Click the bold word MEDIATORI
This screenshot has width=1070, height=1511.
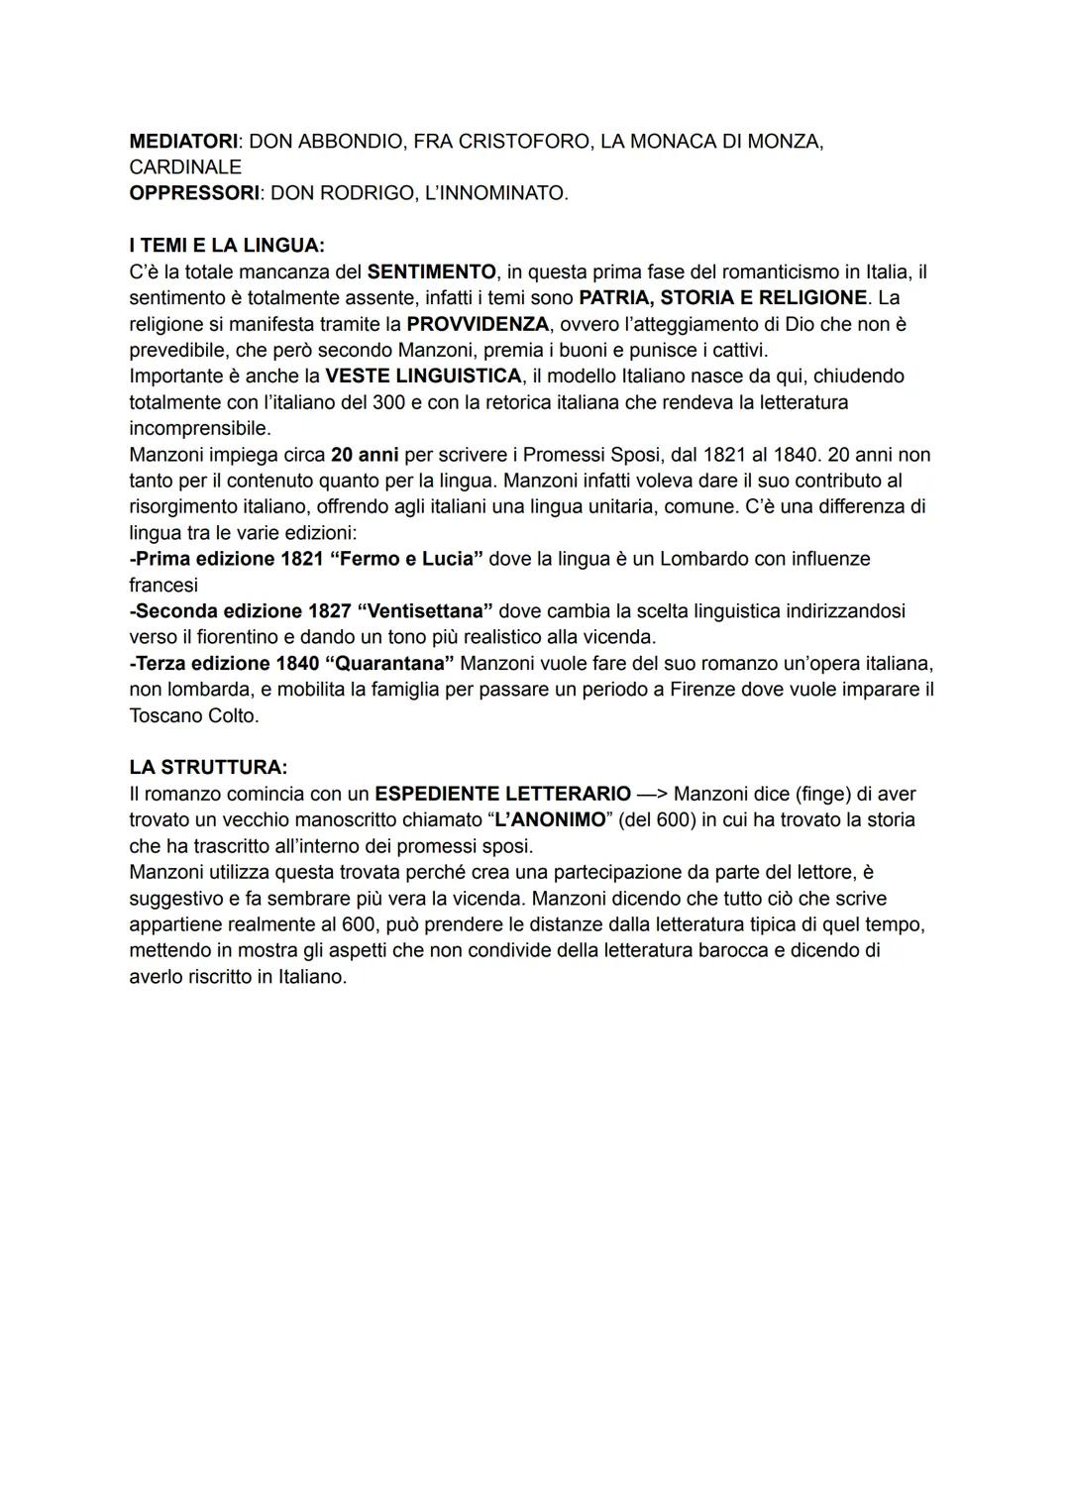(183, 142)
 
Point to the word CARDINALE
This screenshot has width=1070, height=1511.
(185, 167)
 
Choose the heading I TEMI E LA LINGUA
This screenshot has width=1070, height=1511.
(227, 246)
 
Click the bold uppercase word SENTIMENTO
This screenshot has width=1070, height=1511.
(431, 271)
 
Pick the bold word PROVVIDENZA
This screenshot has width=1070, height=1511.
(478, 324)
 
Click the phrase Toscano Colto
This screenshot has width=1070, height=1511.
(193, 715)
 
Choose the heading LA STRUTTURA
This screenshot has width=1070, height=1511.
(208, 768)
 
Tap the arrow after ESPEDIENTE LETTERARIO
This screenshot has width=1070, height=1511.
(653, 794)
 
